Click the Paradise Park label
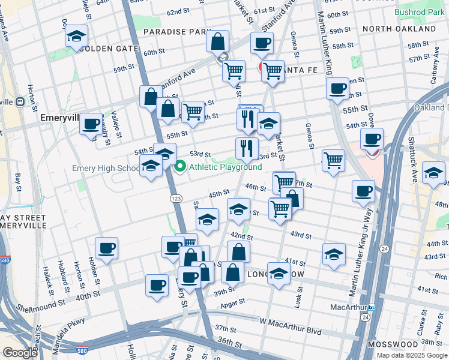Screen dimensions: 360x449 [178, 31]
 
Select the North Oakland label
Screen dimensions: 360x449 [407, 29]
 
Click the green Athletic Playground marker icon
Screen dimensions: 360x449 [181, 167]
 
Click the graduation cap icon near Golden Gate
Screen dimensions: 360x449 [77, 36]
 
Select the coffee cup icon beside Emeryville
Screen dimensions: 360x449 [91, 124]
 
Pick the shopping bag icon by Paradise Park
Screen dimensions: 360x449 [217, 42]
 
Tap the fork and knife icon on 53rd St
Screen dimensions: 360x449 [247, 148]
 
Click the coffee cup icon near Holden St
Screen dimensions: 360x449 [107, 248]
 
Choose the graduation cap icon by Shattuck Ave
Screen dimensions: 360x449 [433, 173]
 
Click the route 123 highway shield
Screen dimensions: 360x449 [175, 197]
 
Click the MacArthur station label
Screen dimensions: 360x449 [348, 307]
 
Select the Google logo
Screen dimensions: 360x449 [20, 352]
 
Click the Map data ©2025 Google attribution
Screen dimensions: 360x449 [412, 355]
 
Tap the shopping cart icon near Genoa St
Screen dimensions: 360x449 [333, 160]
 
